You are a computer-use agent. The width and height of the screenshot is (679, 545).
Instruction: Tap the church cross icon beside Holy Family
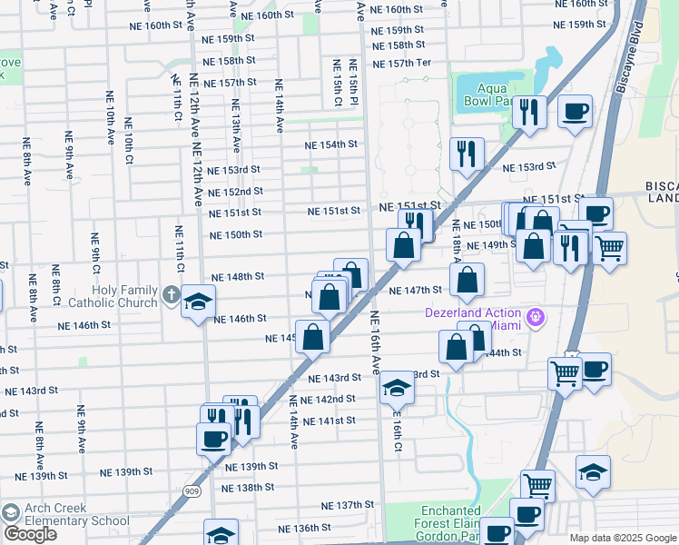[172, 293]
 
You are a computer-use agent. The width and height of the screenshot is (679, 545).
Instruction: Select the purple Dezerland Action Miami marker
[536, 317]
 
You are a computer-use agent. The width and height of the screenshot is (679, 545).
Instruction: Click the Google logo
[30, 534]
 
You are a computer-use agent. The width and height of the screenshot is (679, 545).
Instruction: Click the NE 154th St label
[331, 144]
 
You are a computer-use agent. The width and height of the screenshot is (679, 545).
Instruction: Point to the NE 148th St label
[238, 276]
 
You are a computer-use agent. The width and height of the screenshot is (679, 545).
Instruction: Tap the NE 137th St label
[348, 504]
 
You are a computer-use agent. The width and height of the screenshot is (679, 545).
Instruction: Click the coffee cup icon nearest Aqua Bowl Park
[575, 113]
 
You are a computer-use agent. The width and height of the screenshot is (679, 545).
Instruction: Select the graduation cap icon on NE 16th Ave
[396, 389]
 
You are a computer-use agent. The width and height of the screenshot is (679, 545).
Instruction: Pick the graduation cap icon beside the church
[198, 302]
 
